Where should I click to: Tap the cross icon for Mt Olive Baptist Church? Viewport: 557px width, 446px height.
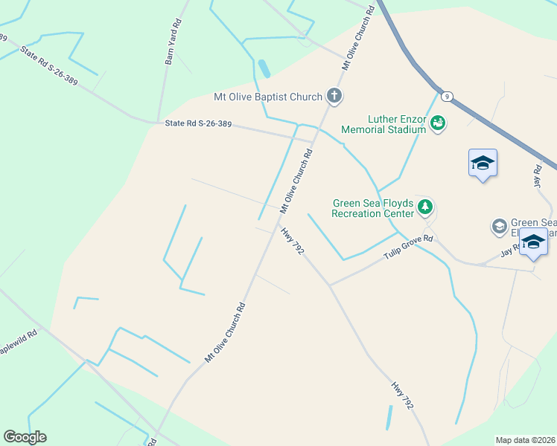[x=335, y=96]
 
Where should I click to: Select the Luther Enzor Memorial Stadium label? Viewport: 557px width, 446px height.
[x=383, y=124]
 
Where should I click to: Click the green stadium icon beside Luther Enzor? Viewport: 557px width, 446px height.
[x=438, y=123]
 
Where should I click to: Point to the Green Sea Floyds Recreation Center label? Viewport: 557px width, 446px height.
[x=372, y=207]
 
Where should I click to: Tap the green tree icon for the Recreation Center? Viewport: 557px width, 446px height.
[x=425, y=207]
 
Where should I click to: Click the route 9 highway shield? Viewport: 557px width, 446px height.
[x=446, y=97]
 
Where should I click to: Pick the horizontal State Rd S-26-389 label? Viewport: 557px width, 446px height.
[x=198, y=124]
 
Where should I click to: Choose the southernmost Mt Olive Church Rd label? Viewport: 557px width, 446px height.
[x=225, y=332]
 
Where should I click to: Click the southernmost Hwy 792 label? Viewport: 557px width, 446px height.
[x=402, y=397]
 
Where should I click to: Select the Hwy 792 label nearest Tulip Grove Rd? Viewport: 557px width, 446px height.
[x=293, y=241]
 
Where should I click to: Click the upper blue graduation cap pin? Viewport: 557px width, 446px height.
[x=483, y=163]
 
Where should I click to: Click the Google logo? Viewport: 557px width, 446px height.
[x=25, y=437]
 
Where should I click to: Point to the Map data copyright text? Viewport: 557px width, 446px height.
[x=526, y=439]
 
